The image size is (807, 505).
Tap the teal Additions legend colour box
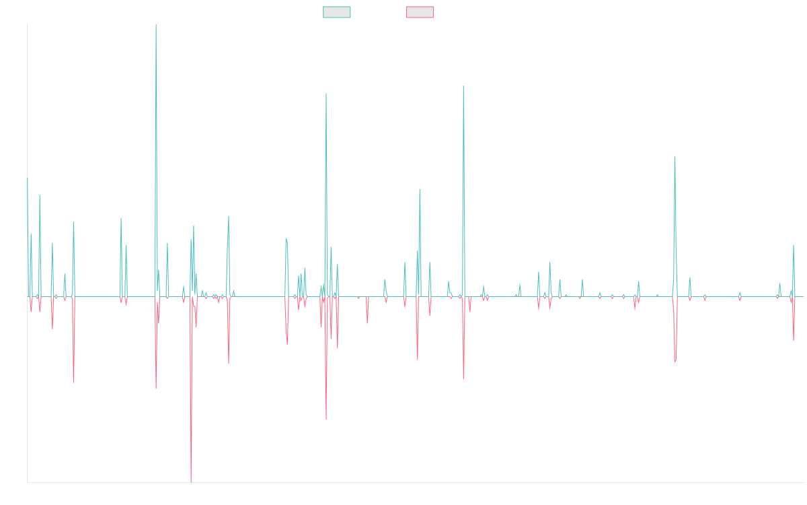point(337,12)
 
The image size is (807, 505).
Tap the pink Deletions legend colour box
point(420,12)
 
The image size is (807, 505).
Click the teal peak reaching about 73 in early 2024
point(675,157)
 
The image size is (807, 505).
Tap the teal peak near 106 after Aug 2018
point(326,94)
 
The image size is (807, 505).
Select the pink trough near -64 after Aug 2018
point(326,419)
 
